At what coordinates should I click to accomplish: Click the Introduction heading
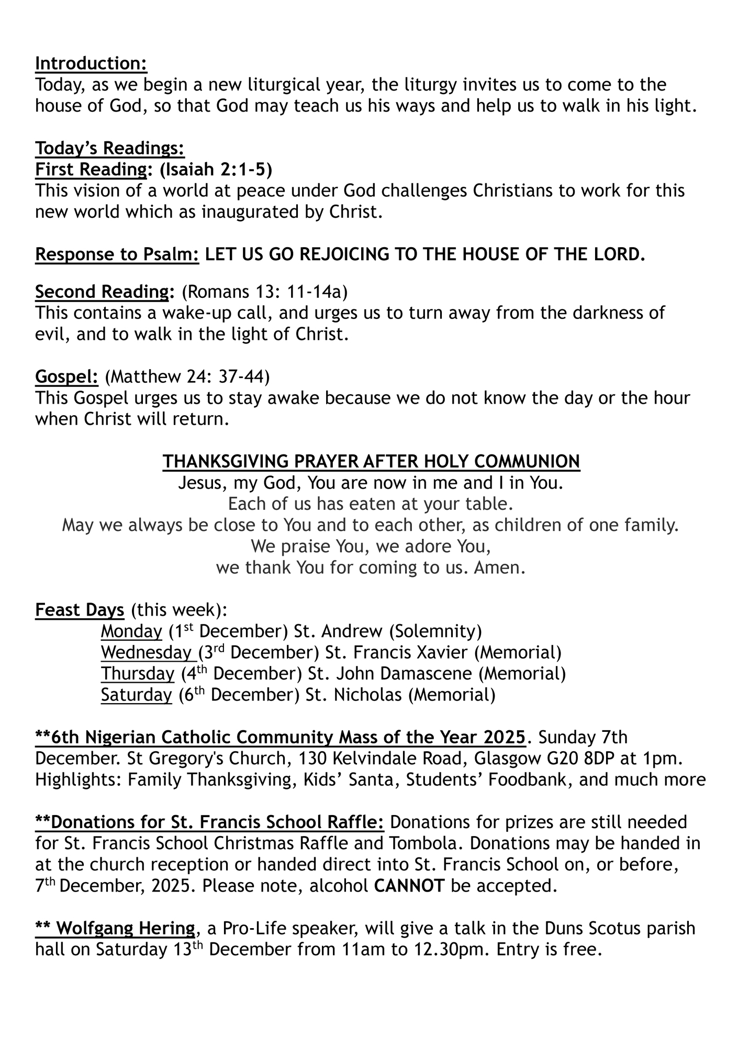click(91, 63)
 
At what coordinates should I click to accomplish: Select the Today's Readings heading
click(110, 148)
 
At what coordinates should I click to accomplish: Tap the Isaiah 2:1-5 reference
click(216, 170)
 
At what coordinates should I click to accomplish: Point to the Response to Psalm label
click(117, 254)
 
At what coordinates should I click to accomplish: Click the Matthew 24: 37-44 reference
click(187, 376)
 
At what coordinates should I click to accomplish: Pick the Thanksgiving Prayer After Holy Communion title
click(371, 461)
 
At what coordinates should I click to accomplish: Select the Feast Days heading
click(80, 610)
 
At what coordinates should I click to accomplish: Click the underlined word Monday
click(131, 631)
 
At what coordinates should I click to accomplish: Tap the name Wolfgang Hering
click(125, 929)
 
